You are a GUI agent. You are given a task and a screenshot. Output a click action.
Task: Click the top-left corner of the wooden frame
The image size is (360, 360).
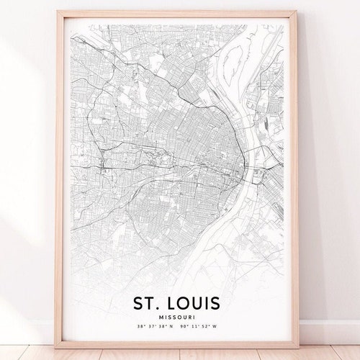(x=56, y=12)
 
